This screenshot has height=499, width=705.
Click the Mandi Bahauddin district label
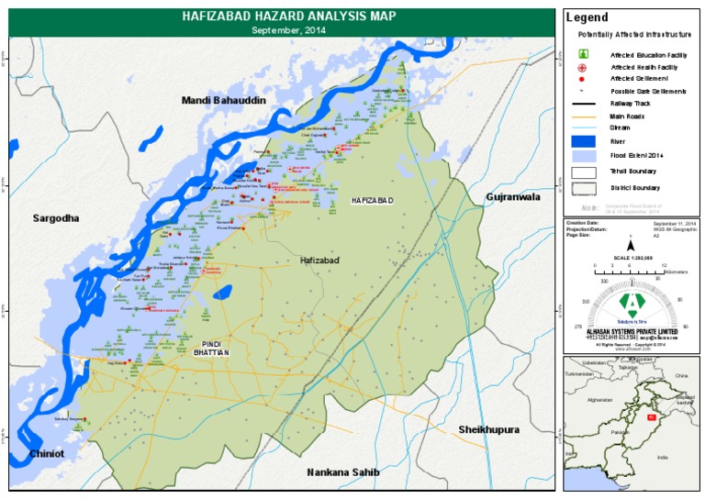(x=224, y=100)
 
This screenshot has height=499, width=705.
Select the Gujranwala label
(x=515, y=197)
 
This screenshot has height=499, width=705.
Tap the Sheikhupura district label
(x=489, y=429)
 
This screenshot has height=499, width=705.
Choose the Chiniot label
(x=46, y=453)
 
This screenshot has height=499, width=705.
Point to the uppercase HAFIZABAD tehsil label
(x=372, y=200)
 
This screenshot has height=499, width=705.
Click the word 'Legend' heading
(x=587, y=17)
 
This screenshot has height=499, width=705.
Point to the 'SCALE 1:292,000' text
(x=630, y=259)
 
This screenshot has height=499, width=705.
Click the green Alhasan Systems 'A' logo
(x=630, y=303)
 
